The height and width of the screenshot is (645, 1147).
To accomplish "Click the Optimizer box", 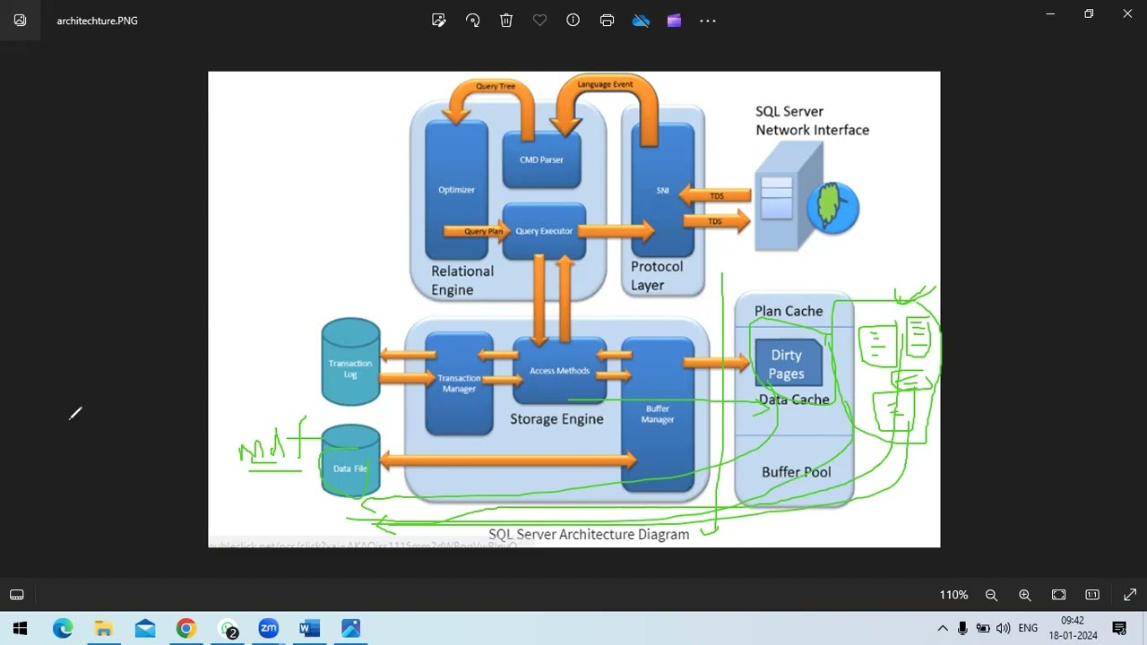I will pyautogui.click(x=456, y=189).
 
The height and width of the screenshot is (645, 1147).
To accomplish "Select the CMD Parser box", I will pyautogui.click(x=541, y=159).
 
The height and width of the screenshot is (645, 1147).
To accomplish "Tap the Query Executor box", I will pyautogui.click(x=544, y=231).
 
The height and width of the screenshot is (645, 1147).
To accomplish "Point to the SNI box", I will pyautogui.click(x=662, y=190).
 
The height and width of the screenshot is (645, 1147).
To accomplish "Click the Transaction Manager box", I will pyautogui.click(x=459, y=383).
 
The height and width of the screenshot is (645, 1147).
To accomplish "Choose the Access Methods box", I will pyautogui.click(x=559, y=370).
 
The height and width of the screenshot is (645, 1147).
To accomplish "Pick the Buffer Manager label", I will pyautogui.click(x=658, y=414).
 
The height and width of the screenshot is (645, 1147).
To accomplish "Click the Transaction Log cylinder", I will pyautogui.click(x=350, y=364).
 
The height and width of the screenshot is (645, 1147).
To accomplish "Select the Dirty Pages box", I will pyautogui.click(x=787, y=364).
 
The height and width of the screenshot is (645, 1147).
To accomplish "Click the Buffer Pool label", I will pyautogui.click(x=796, y=472).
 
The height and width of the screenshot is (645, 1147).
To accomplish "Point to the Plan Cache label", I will pyautogui.click(x=789, y=311).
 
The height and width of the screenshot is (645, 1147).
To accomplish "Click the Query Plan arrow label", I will pyautogui.click(x=483, y=231).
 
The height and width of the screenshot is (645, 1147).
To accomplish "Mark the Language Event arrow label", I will pyautogui.click(x=605, y=84).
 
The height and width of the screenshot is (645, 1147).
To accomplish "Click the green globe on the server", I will pyautogui.click(x=833, y=208).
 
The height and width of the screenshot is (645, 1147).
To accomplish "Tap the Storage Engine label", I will pyautogui.click(x=556, y=418).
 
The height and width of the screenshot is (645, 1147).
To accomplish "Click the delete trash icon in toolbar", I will pyautogui.click(x=506, y=20).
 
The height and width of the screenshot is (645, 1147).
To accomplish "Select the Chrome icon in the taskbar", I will pyautogui.click(x=185, y=628).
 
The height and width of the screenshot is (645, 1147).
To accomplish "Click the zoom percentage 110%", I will pyautogui.click(x=953, y=595).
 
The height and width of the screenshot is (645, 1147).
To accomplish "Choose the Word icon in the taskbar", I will pyautogui.click(x=309, y=628).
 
